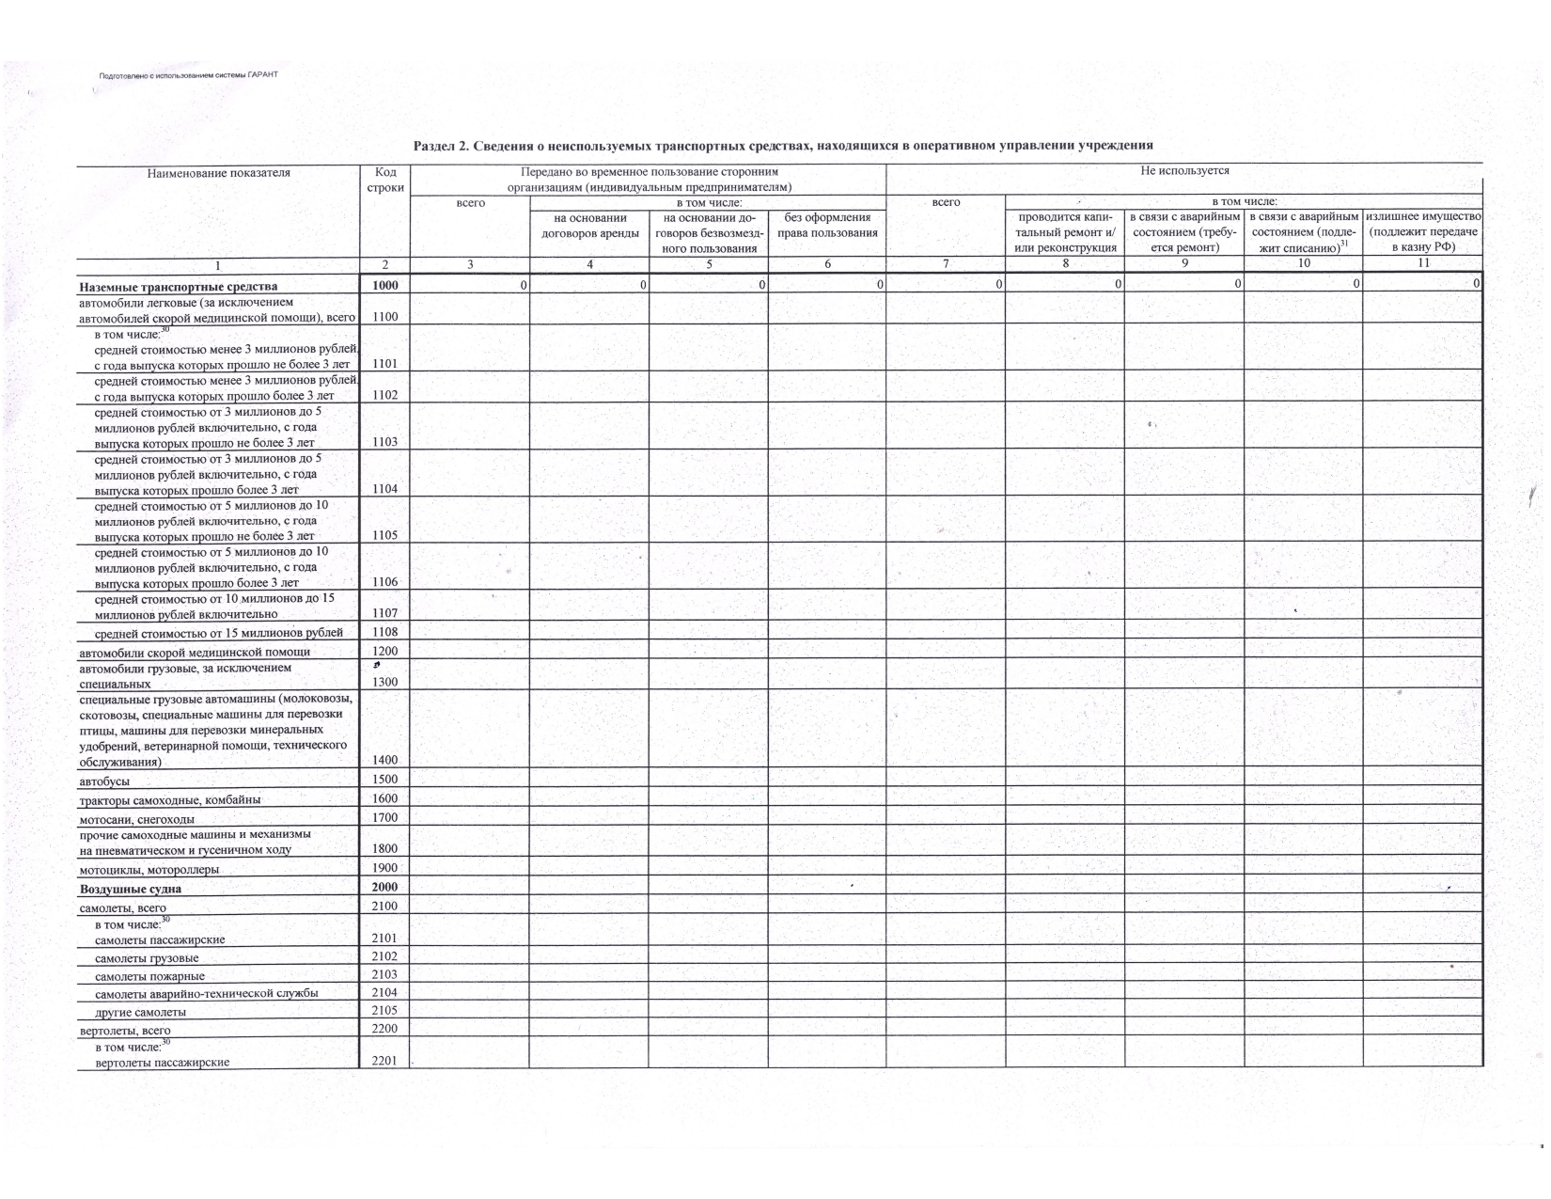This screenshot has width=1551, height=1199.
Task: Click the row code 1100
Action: coord(385,317)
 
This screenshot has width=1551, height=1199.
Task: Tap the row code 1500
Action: coord(385,779)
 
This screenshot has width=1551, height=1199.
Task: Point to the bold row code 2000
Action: coord(385,887)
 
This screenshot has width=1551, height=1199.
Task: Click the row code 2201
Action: coord(385,1061)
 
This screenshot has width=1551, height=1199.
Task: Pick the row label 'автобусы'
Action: coord(104,781)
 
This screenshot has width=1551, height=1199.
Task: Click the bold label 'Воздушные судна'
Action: coord(131,889)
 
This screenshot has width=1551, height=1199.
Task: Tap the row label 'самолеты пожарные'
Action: coord(150,976)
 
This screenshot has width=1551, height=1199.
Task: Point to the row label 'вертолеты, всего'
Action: coord(125,1031)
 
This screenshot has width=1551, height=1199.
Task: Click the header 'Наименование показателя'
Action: coord(219,173)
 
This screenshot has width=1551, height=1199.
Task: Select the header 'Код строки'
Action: coord(385,180)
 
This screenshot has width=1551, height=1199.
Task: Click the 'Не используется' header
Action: coord(1183,171)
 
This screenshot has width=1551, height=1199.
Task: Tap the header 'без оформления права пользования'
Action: coord(827,226)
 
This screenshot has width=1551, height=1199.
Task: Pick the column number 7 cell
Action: coord(946,264)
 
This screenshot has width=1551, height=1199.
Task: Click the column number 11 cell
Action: coord(1422,263)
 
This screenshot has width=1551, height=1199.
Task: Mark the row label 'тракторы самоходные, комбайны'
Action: coord(170,800)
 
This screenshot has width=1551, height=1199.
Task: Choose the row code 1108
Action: coord(385,632)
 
